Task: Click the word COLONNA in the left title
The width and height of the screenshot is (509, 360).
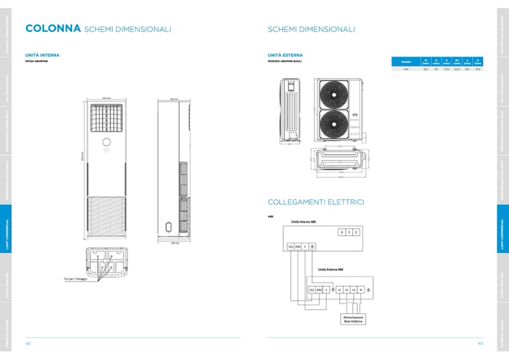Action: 53,29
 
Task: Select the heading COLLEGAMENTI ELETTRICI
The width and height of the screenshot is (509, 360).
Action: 316,202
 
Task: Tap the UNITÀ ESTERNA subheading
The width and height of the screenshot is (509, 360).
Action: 286,55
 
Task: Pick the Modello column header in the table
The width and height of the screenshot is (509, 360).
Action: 406,62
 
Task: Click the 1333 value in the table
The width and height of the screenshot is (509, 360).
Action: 446,69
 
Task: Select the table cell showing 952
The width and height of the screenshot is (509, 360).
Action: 426,69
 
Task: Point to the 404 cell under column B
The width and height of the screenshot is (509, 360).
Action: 478,69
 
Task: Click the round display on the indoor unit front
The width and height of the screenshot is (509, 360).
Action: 106,142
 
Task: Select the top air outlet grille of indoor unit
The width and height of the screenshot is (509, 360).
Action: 106,118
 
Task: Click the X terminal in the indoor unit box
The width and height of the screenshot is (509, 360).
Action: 342,232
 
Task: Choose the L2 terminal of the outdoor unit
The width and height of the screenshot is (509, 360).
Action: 346,289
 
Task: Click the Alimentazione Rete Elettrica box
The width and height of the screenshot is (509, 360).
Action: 353,319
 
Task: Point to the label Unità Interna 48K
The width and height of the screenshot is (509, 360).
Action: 304,221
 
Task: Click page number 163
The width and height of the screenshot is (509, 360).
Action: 480,344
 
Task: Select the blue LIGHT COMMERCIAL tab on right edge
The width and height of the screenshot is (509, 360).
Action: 503,234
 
